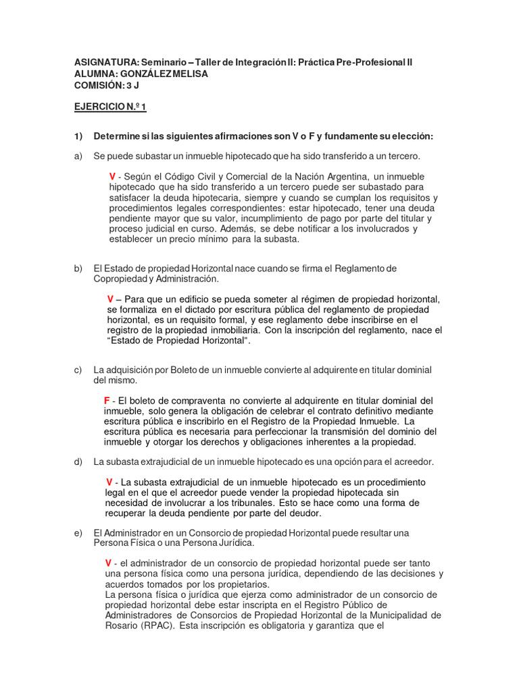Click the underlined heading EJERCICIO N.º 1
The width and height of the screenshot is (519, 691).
point(110,107)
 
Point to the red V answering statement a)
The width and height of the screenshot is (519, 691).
point(113,177)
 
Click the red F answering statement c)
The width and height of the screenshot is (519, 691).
point(107,401)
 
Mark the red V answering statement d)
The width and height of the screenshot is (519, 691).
point(109,482)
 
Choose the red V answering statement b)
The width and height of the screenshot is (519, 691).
point(110,299)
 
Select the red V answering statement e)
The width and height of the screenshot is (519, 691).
point(108,563)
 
